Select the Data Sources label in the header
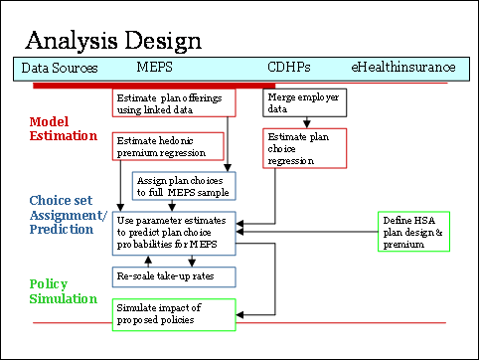[x=60, y=69]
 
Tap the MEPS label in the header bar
[x=155, y=69]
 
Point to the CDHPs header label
[x=289, y=69]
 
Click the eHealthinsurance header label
[x=402, y=69]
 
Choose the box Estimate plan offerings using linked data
[x=174, y=104]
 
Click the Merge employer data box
[x=304, y=104]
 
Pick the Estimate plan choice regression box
[x=304, y=147]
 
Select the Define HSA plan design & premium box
[x=415, y=232]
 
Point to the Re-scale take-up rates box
[x=174, y=275]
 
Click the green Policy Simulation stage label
[x=64, y=291]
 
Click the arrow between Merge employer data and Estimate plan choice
[x=304, y=123]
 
